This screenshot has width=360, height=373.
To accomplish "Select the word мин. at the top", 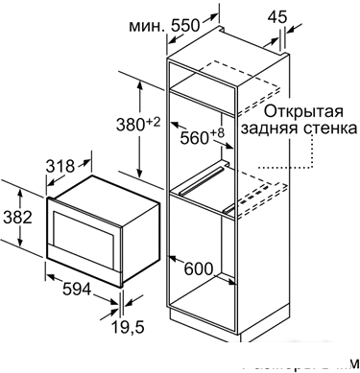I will tap(141, 28).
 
